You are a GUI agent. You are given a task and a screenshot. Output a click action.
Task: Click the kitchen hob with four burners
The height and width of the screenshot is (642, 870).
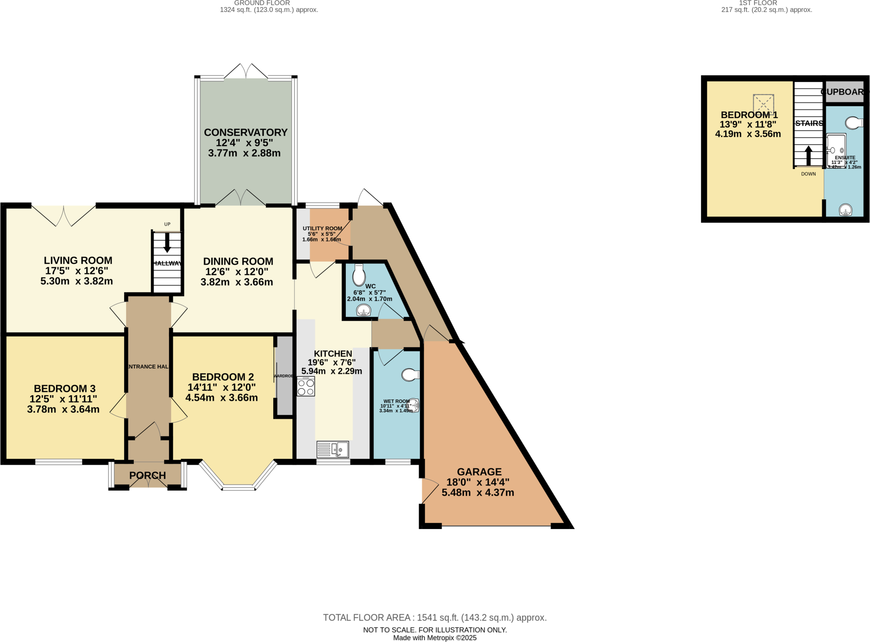pos(306,387)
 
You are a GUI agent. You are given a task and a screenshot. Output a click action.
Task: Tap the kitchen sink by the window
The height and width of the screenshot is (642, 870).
pos(333,450)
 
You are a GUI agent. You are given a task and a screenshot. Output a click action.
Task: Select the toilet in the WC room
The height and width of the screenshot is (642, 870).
pos(359,275)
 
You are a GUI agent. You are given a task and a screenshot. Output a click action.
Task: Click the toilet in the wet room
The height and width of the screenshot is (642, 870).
pos(410,375)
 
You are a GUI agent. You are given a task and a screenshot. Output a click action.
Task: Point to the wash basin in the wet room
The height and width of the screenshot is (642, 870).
pos(413,405)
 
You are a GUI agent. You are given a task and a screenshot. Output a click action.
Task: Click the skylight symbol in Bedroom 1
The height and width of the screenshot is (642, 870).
pos(763,105)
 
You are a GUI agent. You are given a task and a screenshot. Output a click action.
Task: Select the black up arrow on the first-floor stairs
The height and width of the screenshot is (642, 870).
pos(808,156)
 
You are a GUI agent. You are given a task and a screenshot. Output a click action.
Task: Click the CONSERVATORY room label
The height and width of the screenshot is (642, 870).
pos(246,132)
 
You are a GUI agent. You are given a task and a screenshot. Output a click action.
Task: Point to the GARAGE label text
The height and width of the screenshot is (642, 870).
pos(479,472)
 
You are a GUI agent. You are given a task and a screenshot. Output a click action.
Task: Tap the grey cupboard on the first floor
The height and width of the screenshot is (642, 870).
pos(844,92)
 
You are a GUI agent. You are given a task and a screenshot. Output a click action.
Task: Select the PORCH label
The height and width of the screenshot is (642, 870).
pos(147,475)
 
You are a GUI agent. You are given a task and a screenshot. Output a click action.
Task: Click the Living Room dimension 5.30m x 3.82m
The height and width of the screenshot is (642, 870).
pos(76,281)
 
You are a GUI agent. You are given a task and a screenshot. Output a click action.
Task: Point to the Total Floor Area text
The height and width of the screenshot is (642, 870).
pos(435,617)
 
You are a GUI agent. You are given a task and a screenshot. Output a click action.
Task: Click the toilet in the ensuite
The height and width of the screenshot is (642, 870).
pos(853,123)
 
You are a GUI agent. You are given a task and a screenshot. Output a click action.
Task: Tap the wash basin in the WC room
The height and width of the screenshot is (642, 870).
pos(364,312)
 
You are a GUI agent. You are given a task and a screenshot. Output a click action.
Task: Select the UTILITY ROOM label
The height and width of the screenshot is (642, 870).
pos(322,228)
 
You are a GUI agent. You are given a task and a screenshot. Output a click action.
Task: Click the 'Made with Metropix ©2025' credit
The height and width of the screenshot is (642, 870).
pos(435,638)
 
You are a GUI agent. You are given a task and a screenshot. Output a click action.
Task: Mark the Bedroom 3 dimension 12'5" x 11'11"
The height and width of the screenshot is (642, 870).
pos(63,399)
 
